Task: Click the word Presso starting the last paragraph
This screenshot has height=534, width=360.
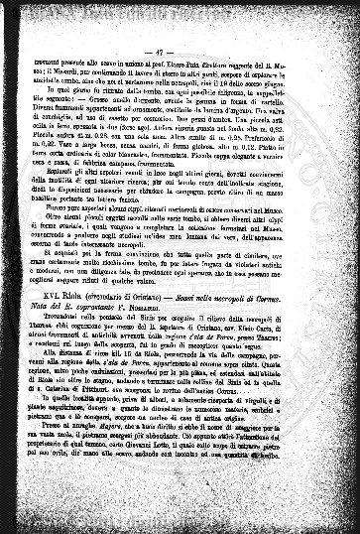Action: [78, 481]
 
